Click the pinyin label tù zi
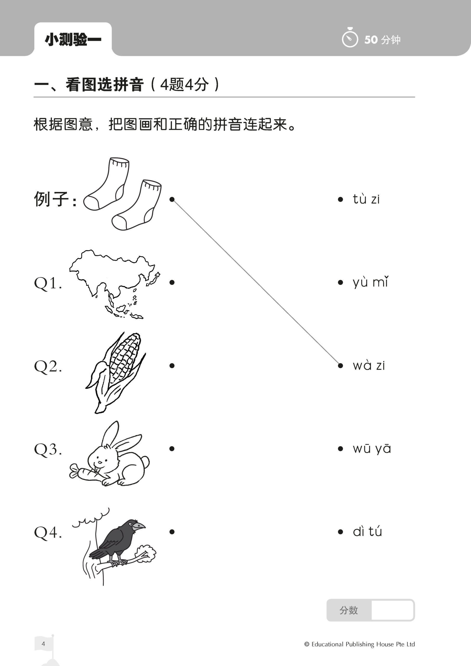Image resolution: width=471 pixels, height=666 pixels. click(366, 199)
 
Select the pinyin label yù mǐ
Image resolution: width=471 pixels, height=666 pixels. click(370, 282)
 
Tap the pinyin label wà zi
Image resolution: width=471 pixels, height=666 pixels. click(368, 366)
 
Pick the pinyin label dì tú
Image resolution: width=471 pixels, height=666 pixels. click(367, 532)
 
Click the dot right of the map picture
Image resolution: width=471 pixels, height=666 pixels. click(172, 282)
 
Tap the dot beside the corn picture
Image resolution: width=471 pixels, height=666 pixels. click(172, 366)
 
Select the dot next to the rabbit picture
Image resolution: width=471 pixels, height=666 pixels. click(172, 449)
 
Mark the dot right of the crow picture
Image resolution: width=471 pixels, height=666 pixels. click(172, 532)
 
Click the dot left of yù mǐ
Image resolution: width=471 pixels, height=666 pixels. click(340, 282)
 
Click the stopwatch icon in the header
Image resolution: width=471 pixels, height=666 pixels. click(350, 38)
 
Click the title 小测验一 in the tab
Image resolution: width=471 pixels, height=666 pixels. click(73, 40)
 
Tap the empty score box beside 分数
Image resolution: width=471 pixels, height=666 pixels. click(392, 610)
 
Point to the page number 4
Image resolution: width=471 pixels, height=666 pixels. click(43, 644)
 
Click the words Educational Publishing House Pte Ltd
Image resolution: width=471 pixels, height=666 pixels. click(363, 644)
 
